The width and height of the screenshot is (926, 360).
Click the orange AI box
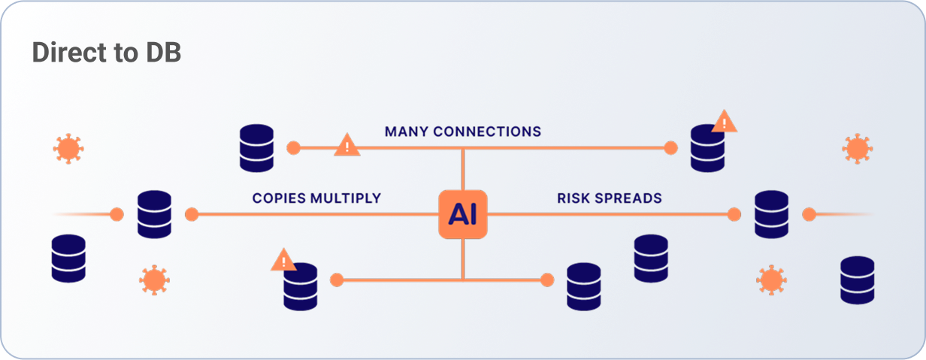point(462,214)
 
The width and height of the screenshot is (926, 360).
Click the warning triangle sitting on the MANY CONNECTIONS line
point(346,144)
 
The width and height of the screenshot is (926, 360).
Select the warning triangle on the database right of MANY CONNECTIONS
point(724,121)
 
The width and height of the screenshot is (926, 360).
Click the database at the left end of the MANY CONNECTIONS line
point(256,147)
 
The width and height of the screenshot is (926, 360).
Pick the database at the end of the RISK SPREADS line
point(771,214)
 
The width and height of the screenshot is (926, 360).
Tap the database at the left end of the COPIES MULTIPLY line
point(154,214)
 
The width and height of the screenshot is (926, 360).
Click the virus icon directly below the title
point(68,148)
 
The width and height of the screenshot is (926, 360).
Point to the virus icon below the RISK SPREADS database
point(770,280)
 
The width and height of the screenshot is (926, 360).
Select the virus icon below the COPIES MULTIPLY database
point(153,280)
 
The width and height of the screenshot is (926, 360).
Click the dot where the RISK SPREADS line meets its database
point(734,214)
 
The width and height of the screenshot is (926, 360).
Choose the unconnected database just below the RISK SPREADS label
point(651,258)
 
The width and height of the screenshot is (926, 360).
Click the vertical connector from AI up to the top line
point(463,169)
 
